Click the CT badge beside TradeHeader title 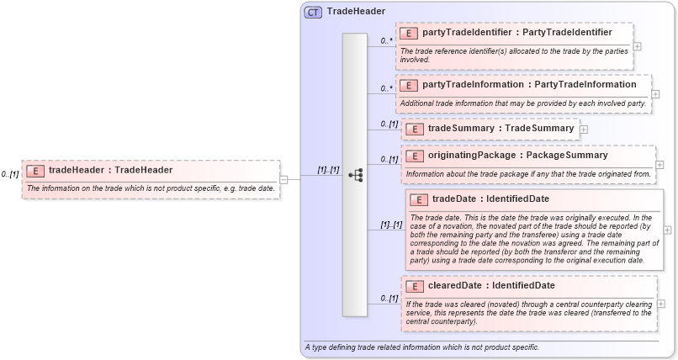[313, 12]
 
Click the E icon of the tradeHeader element [35, 170]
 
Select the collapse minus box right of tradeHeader [283, 178]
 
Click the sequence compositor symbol [355, 175]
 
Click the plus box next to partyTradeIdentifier [638, 46]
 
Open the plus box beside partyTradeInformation [656, 93]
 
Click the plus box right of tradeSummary [584, 130]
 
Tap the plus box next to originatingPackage [659, 165]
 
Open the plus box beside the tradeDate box [668, 229]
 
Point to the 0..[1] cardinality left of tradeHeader [9, 174]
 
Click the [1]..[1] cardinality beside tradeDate [391, 225]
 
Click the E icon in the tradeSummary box [414, 129]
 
